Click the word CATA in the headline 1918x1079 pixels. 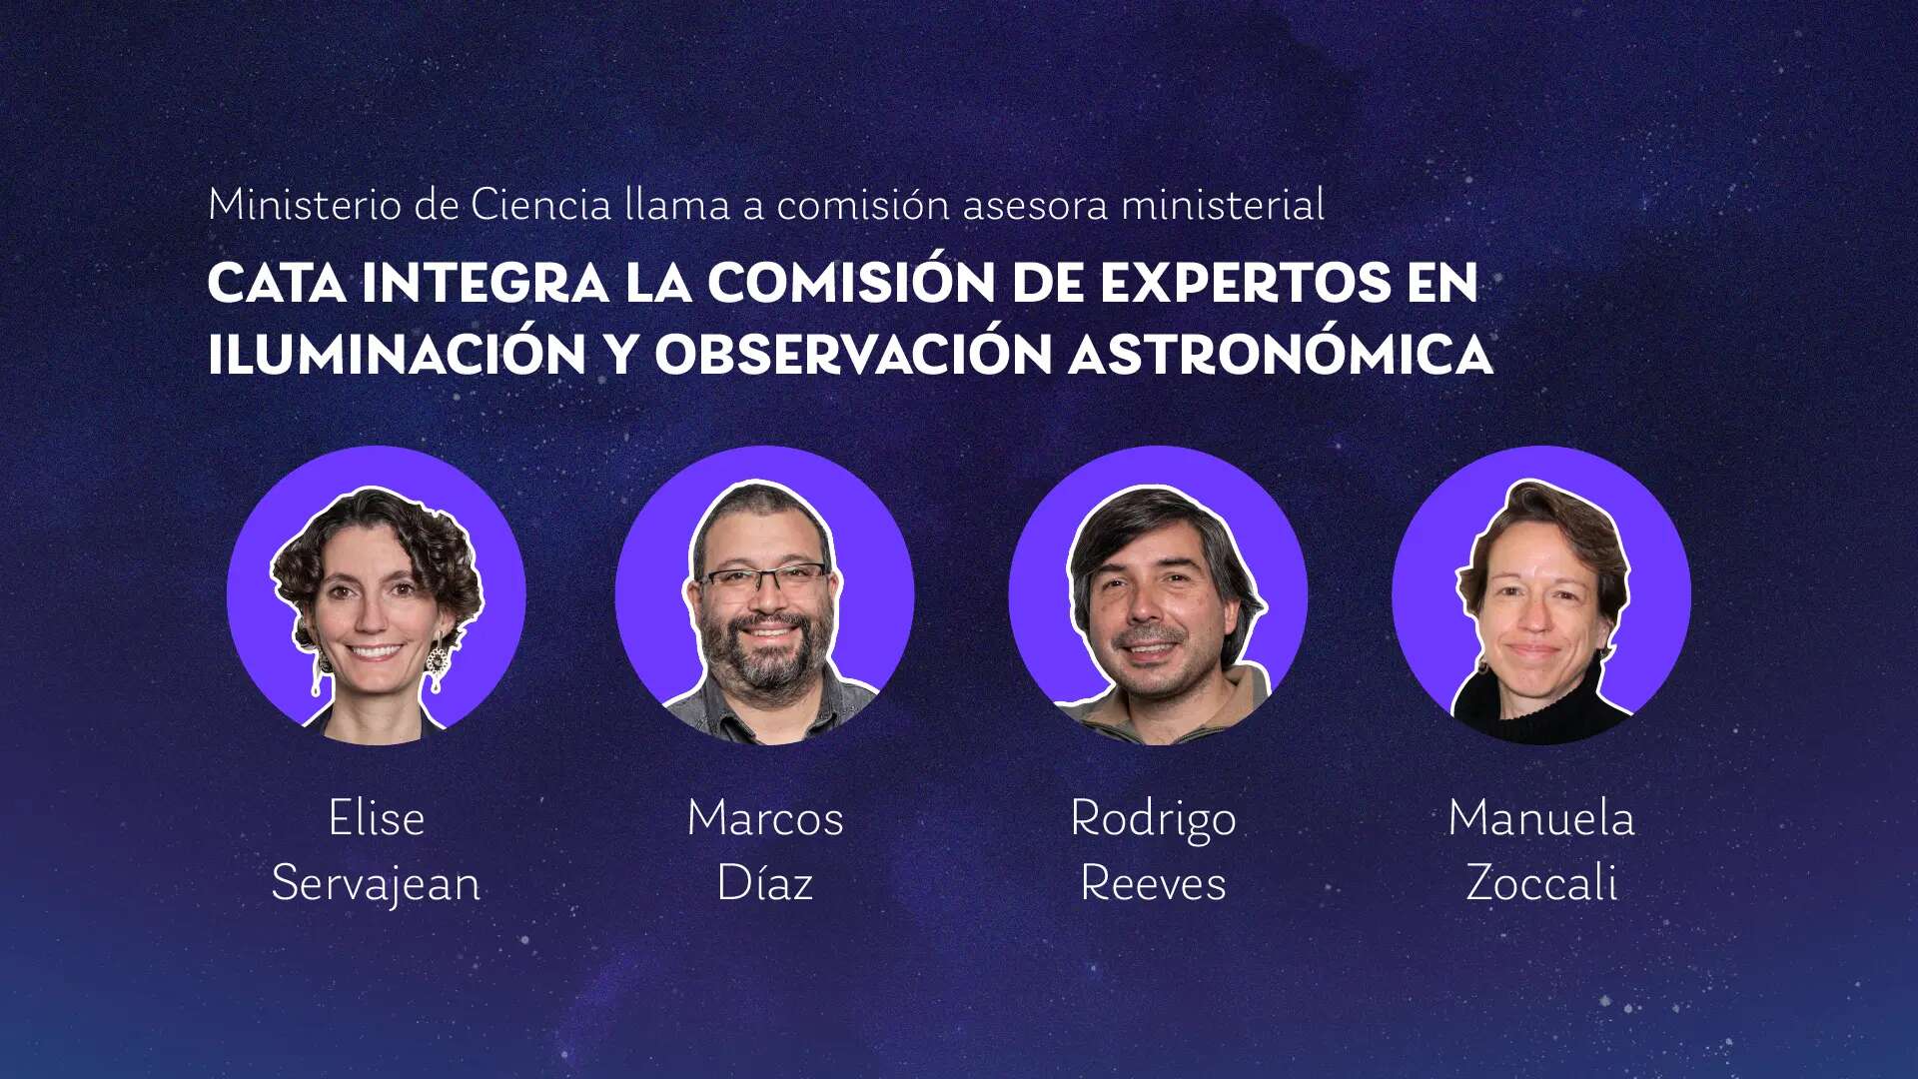coord(277,283)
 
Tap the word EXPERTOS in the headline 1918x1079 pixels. coord(1245,283)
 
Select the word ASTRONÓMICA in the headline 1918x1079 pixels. coord(1281,355)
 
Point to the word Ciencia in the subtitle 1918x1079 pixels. coord(540,205)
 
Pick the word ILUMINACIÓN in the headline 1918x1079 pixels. coord(397,355)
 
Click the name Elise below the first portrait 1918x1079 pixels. coord(377,818)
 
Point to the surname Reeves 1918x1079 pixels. coord(1153,884)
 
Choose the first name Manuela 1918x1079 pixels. coord(1541,818)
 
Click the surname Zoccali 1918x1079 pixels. coord(1541,883)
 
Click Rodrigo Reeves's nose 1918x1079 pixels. coord(1148,611)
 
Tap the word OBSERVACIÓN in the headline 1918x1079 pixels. coord(853,355)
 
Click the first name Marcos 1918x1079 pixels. coord(765,818)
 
